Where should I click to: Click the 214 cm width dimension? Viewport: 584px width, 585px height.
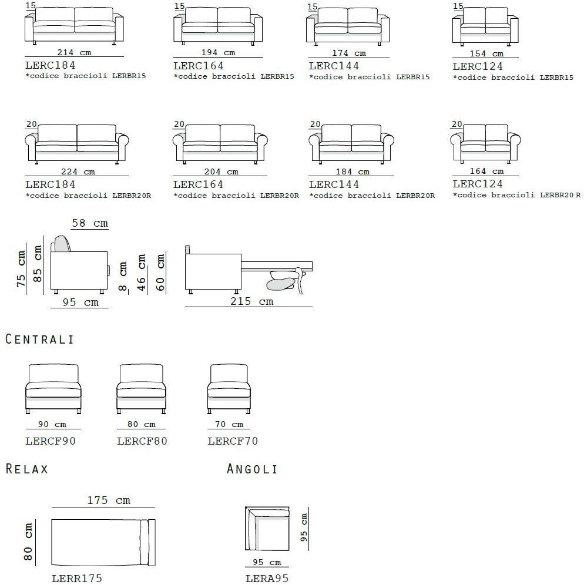click(74, 53)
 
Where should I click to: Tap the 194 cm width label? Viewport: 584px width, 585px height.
click(219, 53)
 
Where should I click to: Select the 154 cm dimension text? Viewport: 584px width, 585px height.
click(486, 53)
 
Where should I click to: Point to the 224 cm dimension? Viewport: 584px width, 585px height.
click(78, 172)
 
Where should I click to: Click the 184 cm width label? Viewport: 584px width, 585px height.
click(353, 172)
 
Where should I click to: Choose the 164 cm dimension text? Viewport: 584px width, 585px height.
click(486, 172)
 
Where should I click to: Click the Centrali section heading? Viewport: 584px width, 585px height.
click(39, 339)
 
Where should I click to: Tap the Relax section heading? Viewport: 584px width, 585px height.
click(27, 469)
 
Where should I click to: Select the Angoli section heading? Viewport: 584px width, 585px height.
click(252, 469)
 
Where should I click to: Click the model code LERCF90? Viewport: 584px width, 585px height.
click(51, 441)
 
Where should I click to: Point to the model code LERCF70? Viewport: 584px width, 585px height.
click(233, 441)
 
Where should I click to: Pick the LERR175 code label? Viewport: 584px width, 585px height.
click(77, 579)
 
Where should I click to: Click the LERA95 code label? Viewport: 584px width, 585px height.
click(267, 579)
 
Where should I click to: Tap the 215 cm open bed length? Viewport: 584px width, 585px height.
click(252, 301)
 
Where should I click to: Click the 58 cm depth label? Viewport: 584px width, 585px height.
click(90, 223)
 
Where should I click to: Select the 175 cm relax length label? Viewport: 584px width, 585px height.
click(109, 500)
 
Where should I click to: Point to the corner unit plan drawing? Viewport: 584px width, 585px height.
click(267, 528)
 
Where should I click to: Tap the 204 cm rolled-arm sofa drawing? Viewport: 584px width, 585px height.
click(220, 144)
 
